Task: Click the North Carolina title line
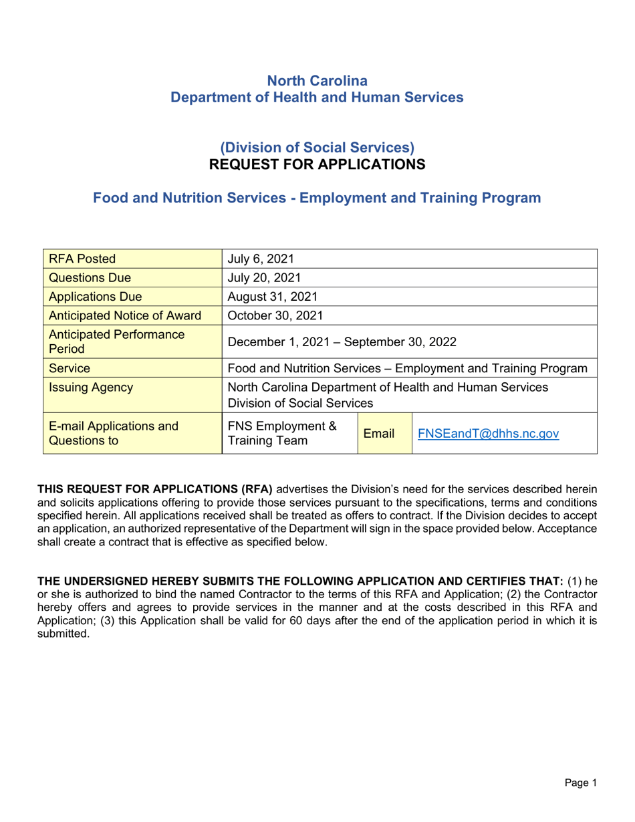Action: click(317, 81)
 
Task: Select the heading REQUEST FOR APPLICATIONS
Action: click(317, 162)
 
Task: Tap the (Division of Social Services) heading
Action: click(317, 146)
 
